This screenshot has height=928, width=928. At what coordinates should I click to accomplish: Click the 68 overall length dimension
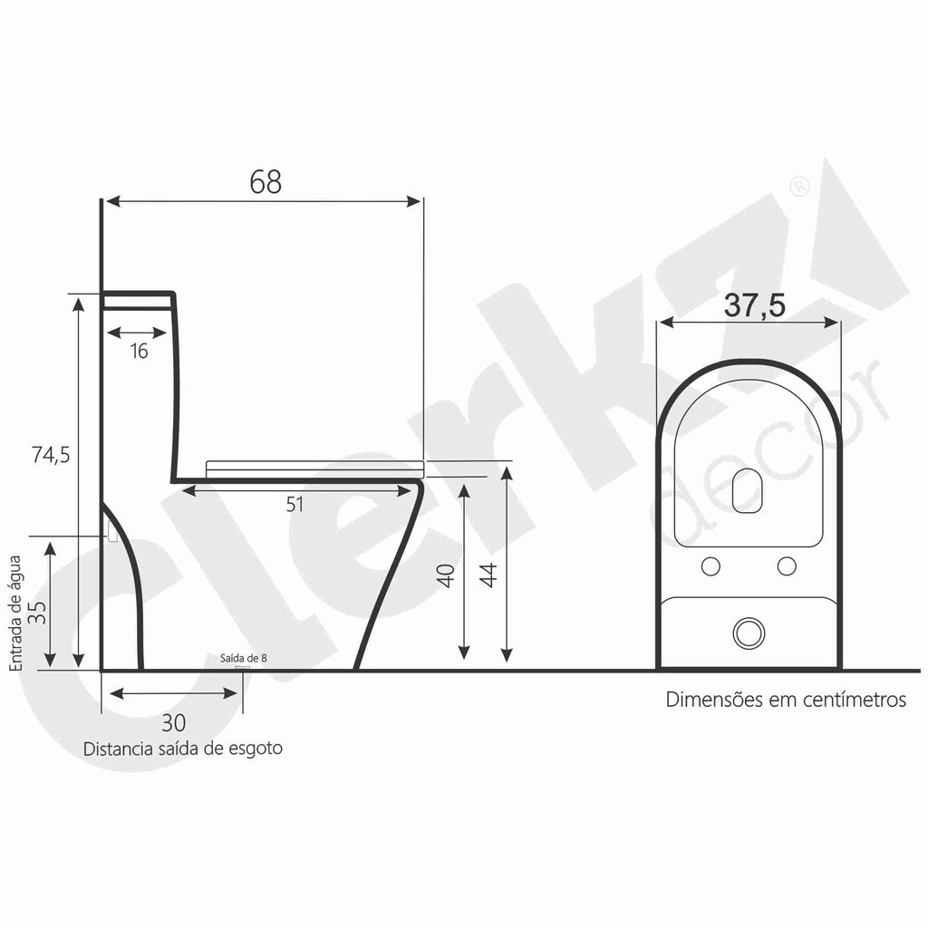tap(266, 181)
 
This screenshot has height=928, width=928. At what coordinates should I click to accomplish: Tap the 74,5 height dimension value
tap(51, 455)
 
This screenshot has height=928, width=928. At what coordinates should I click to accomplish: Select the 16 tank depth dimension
tap(139, 351)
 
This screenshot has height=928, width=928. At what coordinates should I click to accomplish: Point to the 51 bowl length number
tap(295, 504)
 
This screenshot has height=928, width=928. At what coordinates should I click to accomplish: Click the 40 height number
tap(446, 575)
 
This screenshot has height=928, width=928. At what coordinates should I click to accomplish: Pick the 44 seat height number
tap(488, 575)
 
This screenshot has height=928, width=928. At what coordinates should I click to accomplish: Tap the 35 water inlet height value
tap(39, 612)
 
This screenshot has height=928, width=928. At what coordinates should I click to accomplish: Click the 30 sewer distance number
tap(173, 722)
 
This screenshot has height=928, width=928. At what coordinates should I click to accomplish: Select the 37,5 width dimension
tap(755, 305)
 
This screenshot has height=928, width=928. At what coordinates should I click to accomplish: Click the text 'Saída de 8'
tap(243, 658)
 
